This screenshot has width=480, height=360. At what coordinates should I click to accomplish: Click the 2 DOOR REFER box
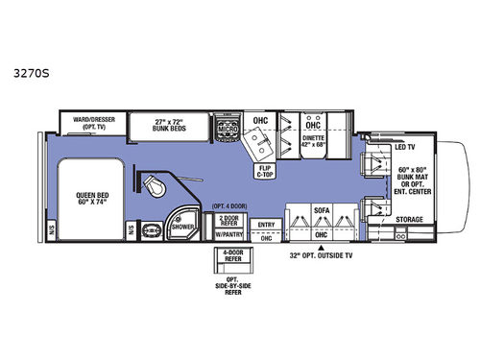[228, 220]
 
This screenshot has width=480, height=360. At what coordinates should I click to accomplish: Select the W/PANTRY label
[228, 233]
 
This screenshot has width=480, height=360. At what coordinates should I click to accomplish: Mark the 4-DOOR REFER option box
[228, 257]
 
